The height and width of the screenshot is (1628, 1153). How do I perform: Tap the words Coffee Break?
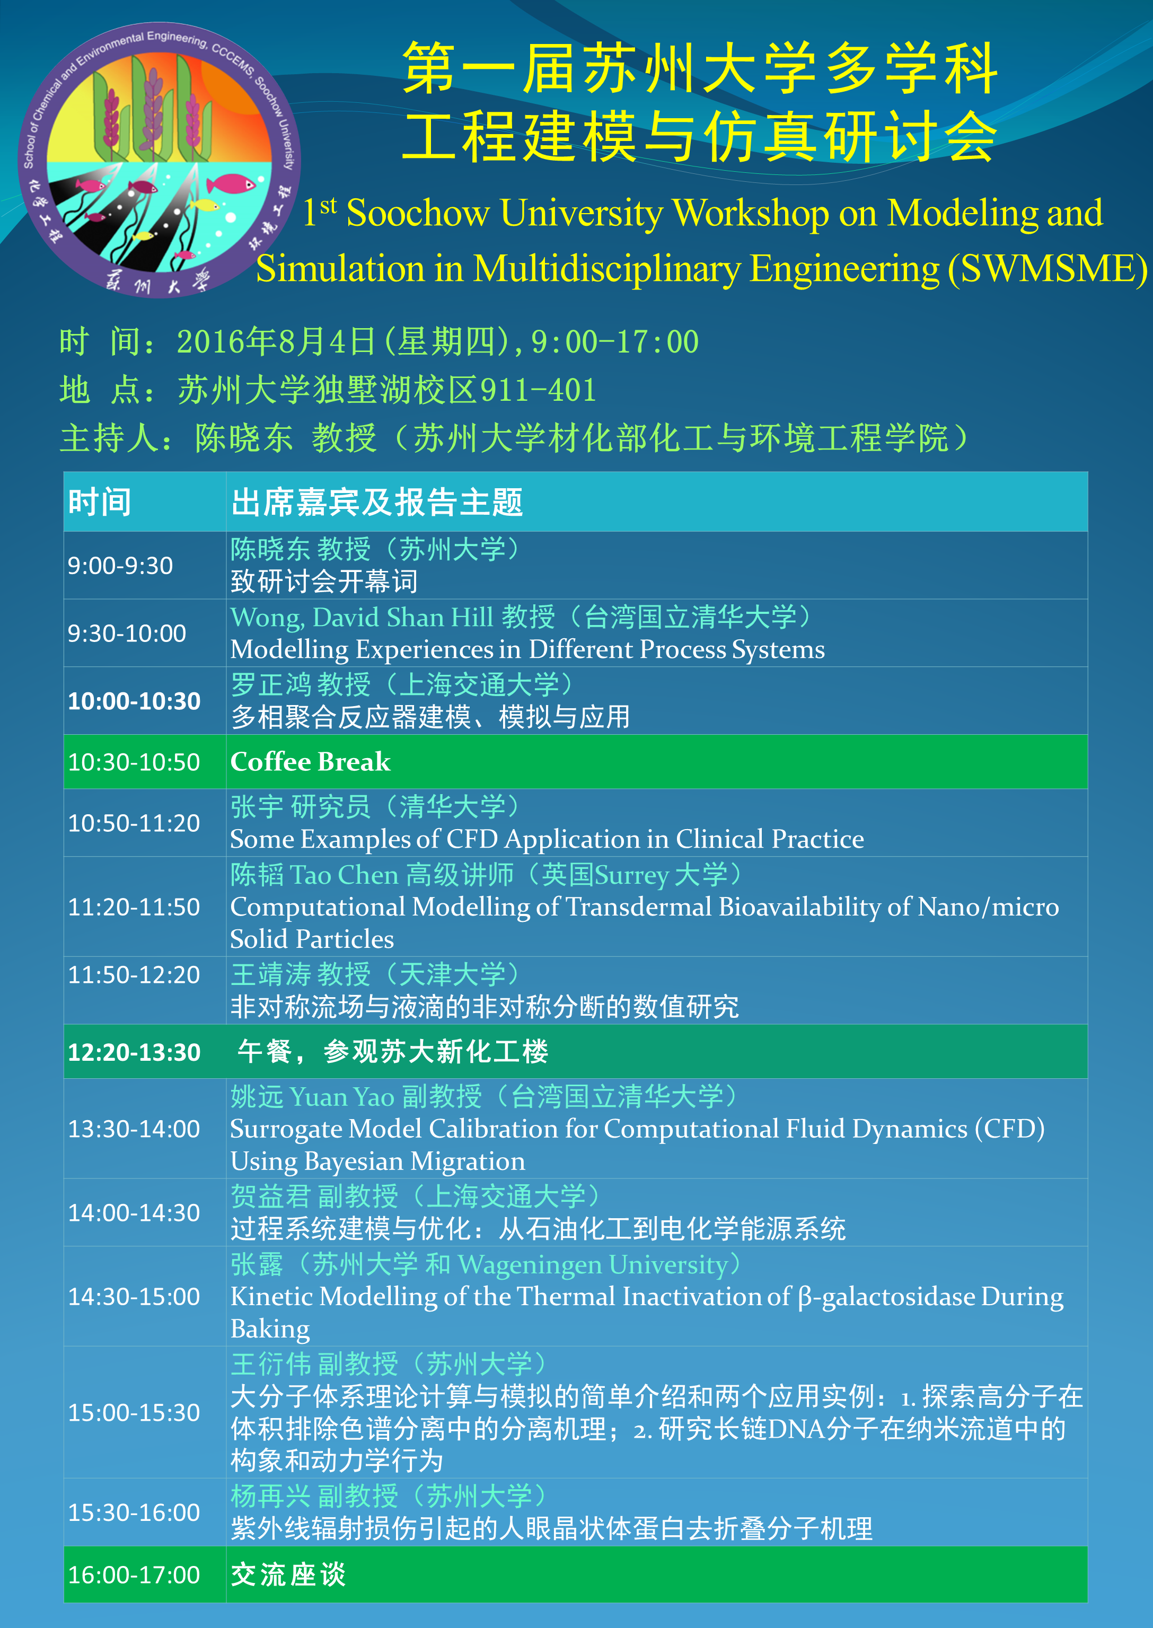click(x=310, y=762)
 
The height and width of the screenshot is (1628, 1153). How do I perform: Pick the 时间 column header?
click(x=100, y=503)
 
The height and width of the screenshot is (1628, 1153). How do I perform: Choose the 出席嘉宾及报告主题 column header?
click(x=377, y=503)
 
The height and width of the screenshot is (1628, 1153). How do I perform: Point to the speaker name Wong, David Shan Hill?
click(x=362, y=618)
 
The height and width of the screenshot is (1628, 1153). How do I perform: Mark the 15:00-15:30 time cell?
click(x=134, y=1412)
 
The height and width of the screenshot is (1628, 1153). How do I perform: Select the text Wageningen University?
click(x=593, y=1264)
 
